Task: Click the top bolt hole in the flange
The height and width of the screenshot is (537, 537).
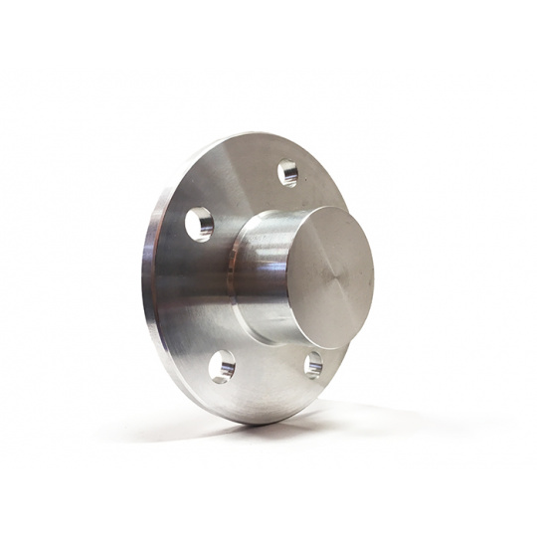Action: coord(287,173)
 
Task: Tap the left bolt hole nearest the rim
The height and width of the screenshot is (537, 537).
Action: coord(199,224)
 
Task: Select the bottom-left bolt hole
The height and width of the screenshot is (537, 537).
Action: coord(222,366)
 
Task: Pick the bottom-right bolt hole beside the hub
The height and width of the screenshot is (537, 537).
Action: coord(312,364)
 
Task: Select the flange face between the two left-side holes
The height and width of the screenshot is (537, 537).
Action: coord(194,298)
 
